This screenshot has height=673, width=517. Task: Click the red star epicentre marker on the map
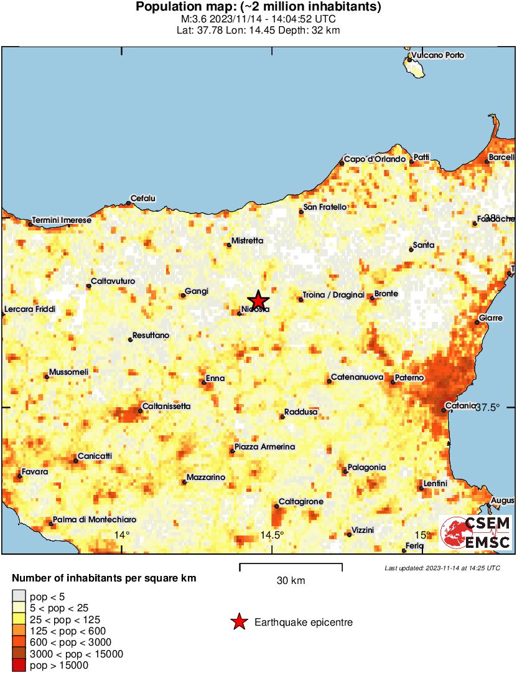pyautogui.click(x=258, y=299)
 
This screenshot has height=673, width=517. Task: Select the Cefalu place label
pyautogui.click(x=142, y=199)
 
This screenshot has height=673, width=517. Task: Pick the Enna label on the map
pyautogui.click(x=215, y=378)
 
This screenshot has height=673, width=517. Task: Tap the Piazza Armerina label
pyautogui.click(x=264, y=447)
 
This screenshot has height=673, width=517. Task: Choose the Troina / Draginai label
pyautogui.click(x=333, y=294)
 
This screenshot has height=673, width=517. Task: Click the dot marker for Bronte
pyautogui.click(x=373, y=298)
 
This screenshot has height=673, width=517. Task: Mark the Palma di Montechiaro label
pyautogui.click(x=95, y=519)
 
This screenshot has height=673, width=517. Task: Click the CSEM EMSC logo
pyautogui.click(x=476, y=533)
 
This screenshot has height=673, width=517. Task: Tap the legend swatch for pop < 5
pyautogui.click(x=19, y=596)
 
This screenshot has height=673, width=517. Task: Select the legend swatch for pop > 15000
pyautogui.click(x=19, y=666)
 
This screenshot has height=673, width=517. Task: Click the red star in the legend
pyautogui.click(x=238, y=622)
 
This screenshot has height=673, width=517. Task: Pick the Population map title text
pyautogui.click(x=258, y=7)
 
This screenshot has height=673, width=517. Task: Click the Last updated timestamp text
pyautogui.click(x=442, y=568)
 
